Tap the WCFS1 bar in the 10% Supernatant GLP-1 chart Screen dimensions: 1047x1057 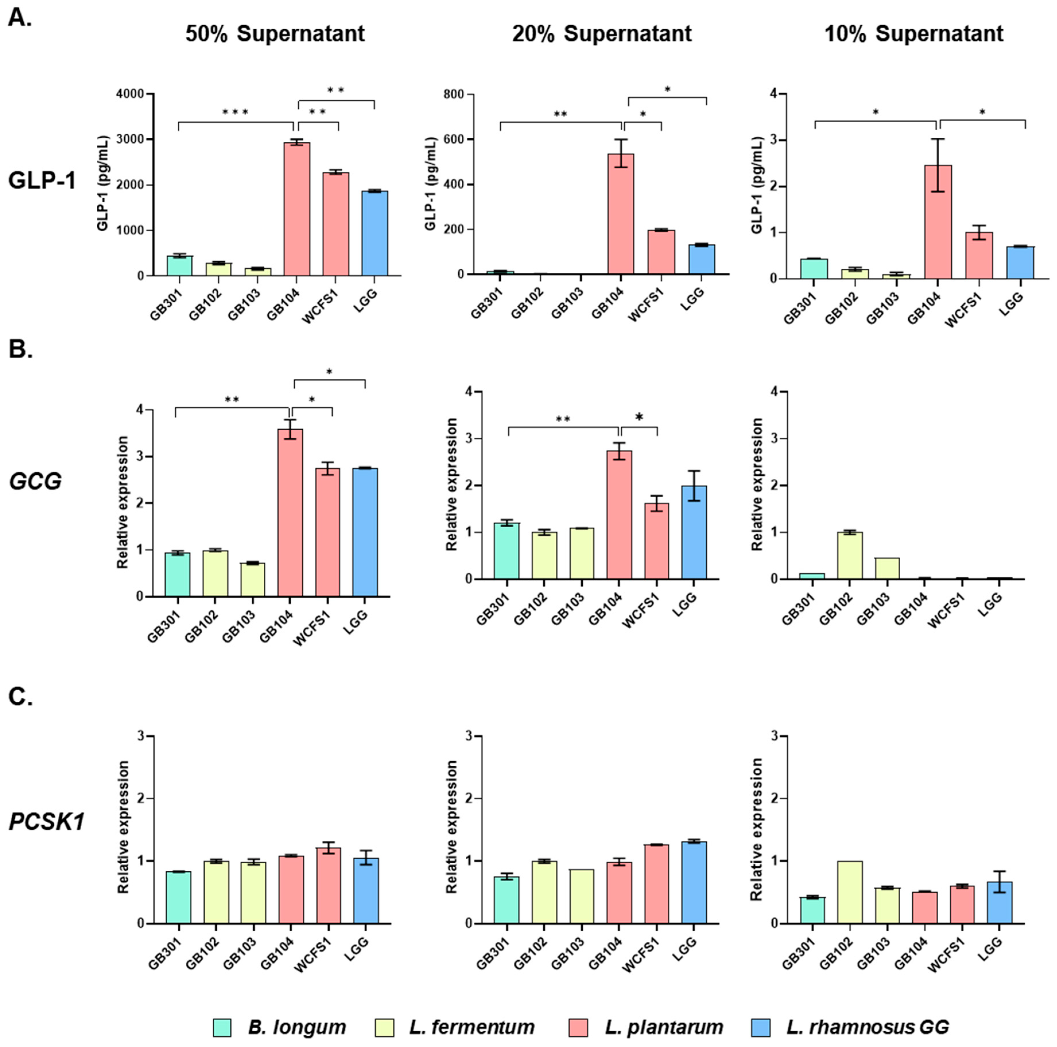[979, 256]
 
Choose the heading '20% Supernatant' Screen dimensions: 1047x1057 [602, 34]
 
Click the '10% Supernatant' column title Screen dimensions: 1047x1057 [914, 34]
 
